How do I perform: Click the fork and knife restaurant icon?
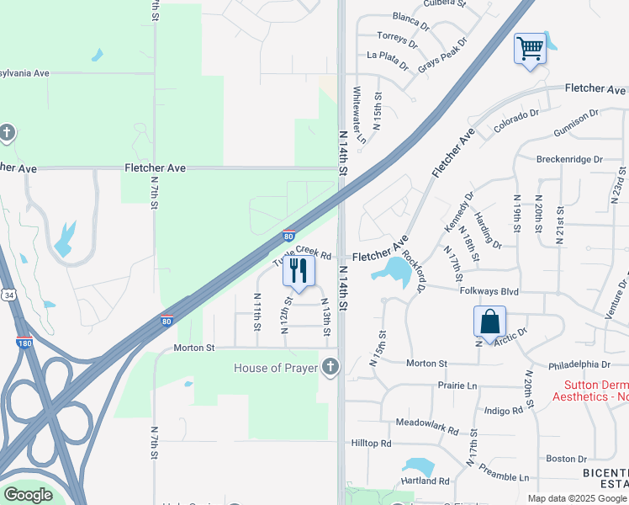298,271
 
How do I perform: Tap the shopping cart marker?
530,49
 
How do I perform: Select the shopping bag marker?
489,322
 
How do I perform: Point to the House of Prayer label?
275,368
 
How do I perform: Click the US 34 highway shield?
8,295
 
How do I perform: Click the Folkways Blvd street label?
489,291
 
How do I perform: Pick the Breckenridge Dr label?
569,158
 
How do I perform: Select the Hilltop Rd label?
372,443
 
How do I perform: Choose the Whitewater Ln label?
359,114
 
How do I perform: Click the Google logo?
27,495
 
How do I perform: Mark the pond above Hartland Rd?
417,466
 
